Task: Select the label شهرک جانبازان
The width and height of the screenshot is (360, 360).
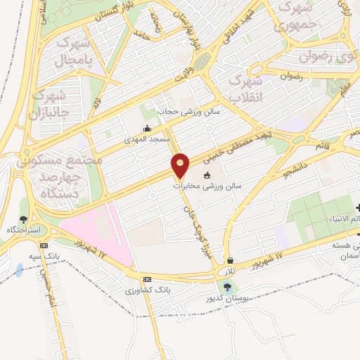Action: pos(51,102)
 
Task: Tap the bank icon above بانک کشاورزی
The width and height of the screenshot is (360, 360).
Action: pos(146,279)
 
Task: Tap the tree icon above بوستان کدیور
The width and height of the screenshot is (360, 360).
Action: pos(226,286)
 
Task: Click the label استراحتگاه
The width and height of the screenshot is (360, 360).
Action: pos(25,230)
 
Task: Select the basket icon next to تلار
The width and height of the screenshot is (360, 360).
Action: pos(231,260)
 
